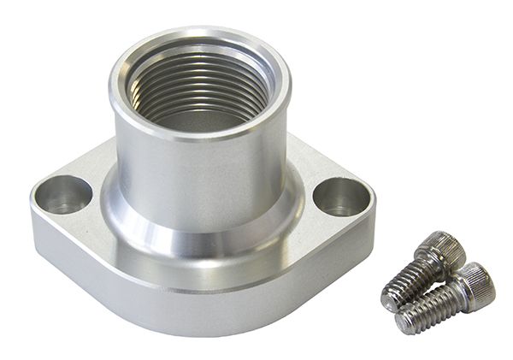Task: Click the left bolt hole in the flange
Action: pos(63,195)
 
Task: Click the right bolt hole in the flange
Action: pos(340,197)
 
